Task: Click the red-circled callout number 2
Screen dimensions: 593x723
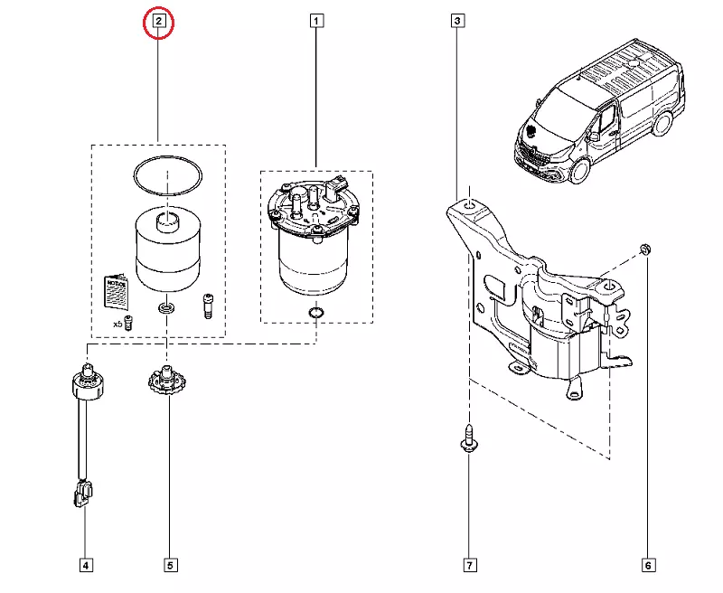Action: point(158,21)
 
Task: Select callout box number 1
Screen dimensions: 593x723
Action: point(316,21)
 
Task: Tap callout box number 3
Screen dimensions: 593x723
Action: point(457,21)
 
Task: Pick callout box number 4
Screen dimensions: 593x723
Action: point(85,566)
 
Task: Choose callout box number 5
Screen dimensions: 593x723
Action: point(170,566)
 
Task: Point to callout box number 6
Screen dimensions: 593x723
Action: point(648,566)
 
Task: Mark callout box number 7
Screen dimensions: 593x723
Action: point(470,566)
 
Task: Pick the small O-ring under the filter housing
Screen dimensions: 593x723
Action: point(315,314)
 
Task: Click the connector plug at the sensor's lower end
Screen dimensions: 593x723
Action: point(83,494)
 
